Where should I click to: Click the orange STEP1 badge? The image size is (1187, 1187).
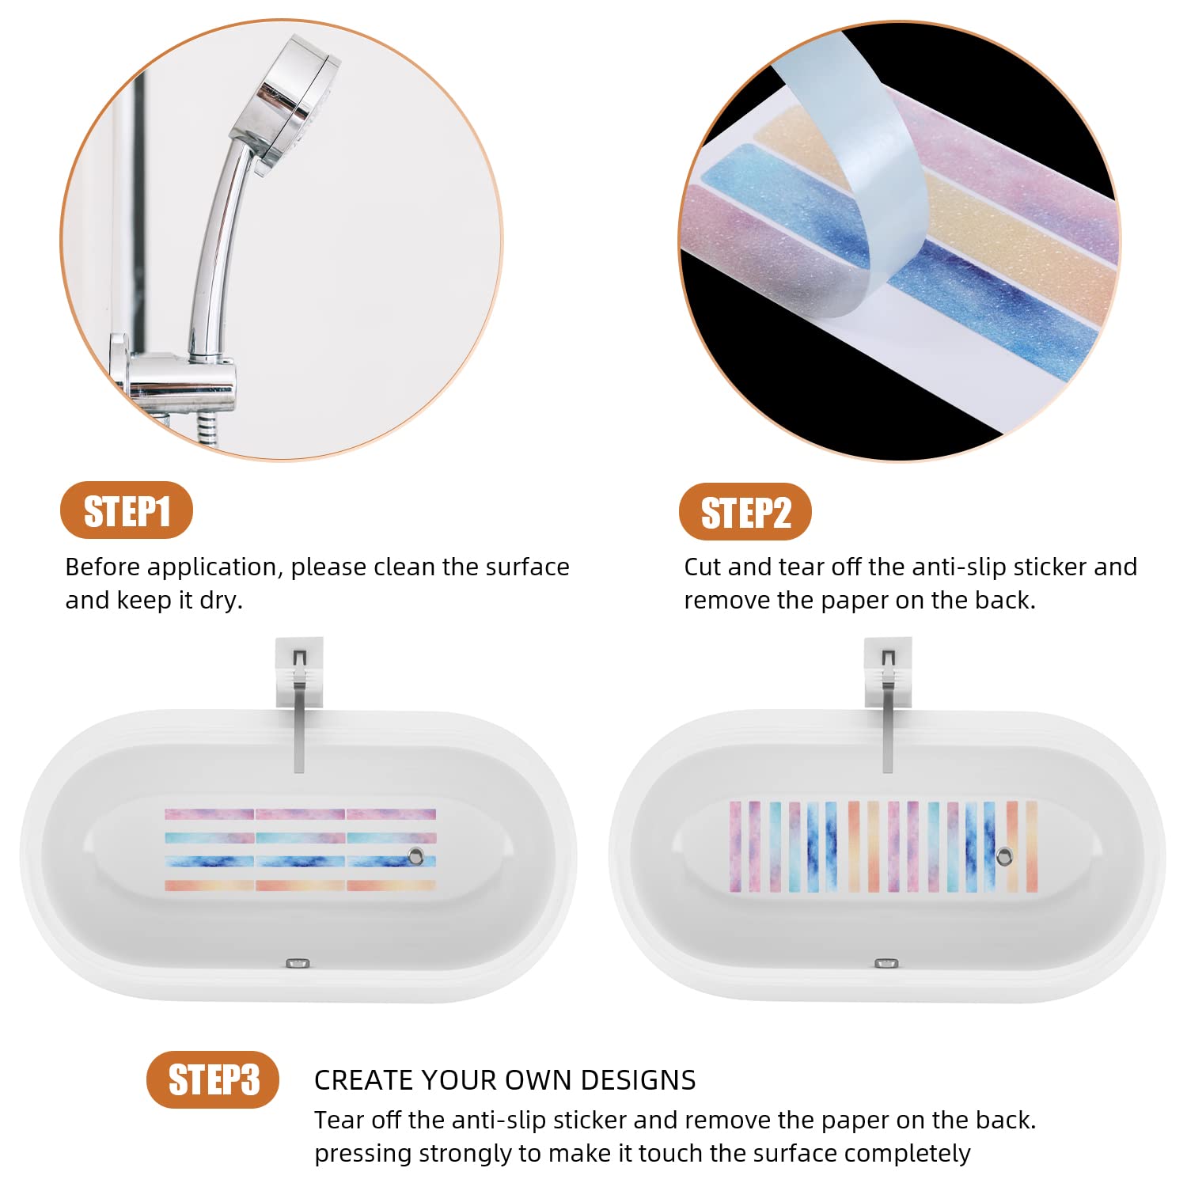coord(127,510)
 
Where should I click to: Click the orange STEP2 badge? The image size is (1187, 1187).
coord(745,512)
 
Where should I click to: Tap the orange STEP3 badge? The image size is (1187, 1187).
coord(213,1079)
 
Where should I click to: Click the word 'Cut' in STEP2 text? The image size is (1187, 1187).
coord(703,567)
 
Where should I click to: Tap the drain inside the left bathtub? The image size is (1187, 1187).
coord(416,855)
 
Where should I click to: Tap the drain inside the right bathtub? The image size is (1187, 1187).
coord(1004,855)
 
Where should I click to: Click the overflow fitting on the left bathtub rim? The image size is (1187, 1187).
coord(298,963)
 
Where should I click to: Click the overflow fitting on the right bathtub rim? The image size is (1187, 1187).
coord(886,963)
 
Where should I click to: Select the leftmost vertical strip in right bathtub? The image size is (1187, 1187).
coord(735,847)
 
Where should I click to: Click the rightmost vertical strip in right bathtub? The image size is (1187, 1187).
coord(1032,847)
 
